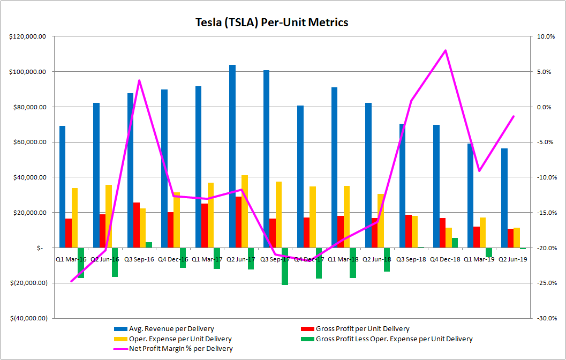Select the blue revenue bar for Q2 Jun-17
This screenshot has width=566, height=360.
point(232,155)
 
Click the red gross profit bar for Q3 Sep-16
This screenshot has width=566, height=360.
point(137,225)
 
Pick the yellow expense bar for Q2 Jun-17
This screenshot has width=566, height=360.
point(245,211)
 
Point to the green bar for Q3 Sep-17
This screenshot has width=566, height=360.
point(285,266)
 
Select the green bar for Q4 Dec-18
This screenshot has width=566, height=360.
point(455,243)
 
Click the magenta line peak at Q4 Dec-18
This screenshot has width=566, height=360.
point(446,50)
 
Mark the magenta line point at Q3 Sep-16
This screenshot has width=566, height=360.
point(139,80)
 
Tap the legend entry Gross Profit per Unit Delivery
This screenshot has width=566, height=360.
point(363,329)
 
